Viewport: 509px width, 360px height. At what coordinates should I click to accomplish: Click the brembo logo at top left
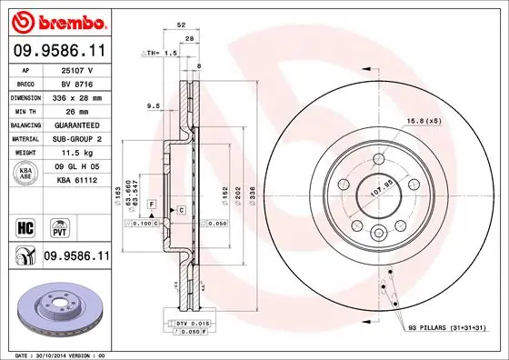[57, 20]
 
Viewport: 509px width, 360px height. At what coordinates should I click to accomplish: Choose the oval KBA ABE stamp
[25, 174]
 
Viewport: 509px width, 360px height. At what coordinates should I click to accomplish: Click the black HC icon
[25, 225]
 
